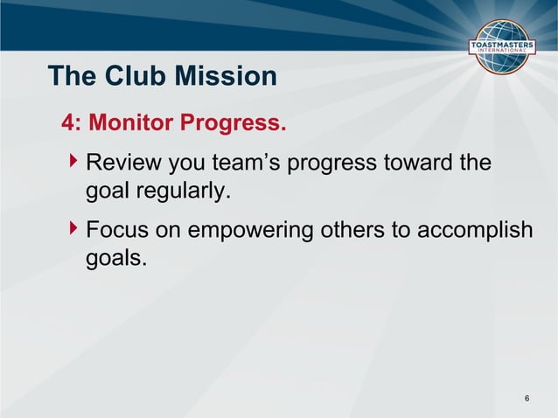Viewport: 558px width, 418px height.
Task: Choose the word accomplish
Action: [481, 231]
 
